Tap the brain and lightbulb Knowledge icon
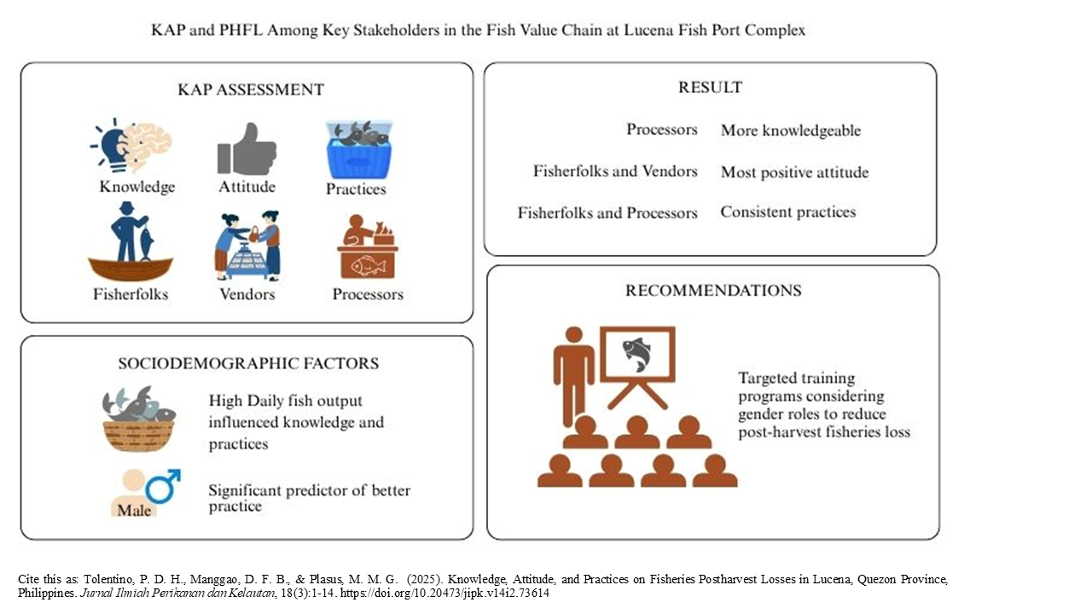click(x=132, y=146)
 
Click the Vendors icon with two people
click(x=247, y=246)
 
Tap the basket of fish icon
click(x=138, y=419)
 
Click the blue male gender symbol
click(x=162, y=486)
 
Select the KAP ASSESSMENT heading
click(x=251, y=90)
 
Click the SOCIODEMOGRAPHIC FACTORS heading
click(x=248, y=363)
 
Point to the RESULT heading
click(x=710, y=87)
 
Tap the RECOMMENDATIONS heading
click(x=713, y=290)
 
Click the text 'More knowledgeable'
click(x=791, y=130)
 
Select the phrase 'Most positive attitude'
click(x=794, y=172)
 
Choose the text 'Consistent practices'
click(x=787, y=211)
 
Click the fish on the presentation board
click(x=636, y=353)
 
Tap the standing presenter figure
click(x=573, y=374)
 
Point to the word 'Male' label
click(x=134, y=509)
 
